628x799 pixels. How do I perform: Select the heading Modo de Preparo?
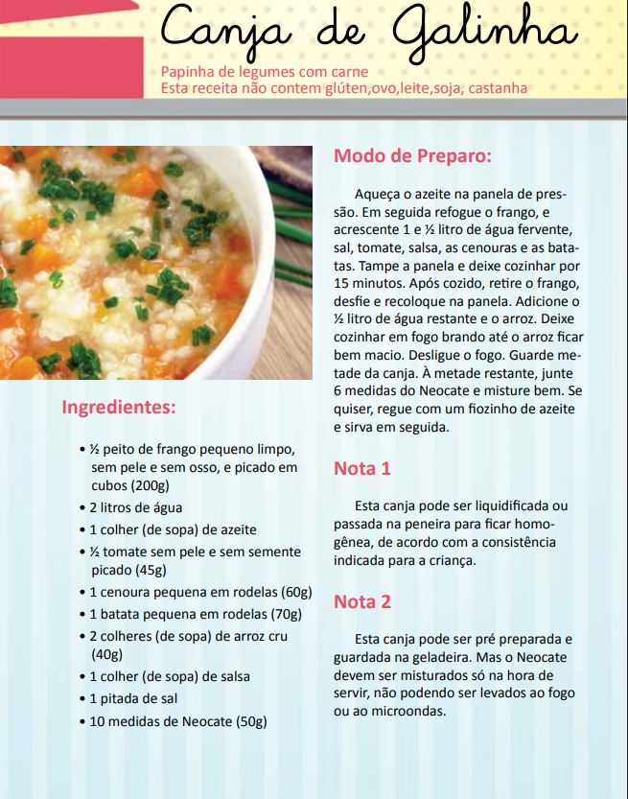pyautogui.click(x=412, y=156)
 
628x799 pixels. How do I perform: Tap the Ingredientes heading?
pyautogui.click(x=119, y=407)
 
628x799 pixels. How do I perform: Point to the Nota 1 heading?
pyautogui.click(x=362, y=469)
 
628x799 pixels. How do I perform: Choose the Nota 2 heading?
pyautogui.click(x=362, y=602)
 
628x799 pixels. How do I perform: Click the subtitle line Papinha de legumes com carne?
pyautogui.click(x=265, y=73)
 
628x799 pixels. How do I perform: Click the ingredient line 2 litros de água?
pyautogui.click(x=135, y=507)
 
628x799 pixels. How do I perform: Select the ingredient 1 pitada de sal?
pyautogui.click(x=133, y=698)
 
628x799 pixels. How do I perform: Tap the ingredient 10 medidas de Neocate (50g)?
pyautogui.click(x=177, y=720)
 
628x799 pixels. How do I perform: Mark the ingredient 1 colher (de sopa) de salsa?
pyautogui.click(x=170, y=676)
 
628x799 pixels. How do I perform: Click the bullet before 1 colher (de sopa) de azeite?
pyautogui.click(x=81, y=530)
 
